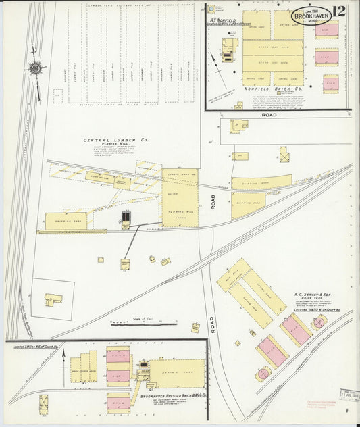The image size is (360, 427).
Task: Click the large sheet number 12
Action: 339,11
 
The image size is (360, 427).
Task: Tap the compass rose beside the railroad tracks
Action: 35,68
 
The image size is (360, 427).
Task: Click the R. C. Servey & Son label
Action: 315,295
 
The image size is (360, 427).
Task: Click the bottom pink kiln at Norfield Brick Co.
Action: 330,84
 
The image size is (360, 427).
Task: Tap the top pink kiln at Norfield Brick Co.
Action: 326,30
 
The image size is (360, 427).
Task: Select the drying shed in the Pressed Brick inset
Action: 177,373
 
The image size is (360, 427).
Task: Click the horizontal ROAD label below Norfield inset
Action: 269,116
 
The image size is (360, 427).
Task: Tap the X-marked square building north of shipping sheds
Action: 285,155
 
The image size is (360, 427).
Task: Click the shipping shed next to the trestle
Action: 66,220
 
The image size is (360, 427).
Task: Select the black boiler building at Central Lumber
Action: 126,218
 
